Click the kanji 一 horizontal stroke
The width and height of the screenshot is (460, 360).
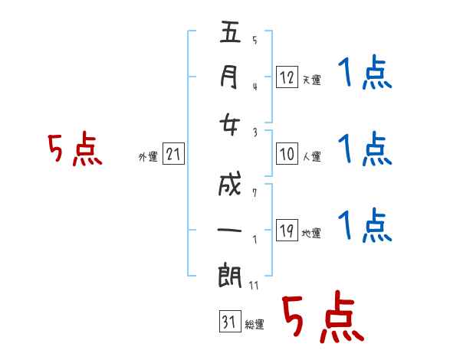coord(231,229)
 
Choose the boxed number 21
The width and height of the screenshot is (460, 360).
coord(173,155)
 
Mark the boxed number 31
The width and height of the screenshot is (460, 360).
coord(228,322)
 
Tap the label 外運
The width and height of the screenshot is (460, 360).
coord(148,158)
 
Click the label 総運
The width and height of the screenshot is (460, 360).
coord(255,325)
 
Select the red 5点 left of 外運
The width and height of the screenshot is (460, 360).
coord(75,150)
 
